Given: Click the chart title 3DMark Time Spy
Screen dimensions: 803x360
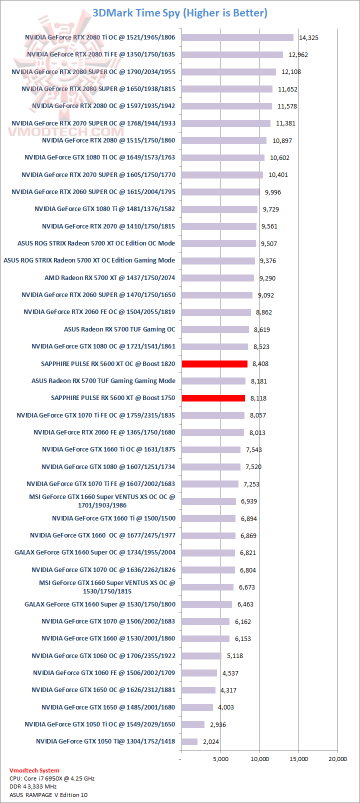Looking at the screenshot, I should (180, 13).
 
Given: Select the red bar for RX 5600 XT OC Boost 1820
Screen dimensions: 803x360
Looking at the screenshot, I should (214, 363).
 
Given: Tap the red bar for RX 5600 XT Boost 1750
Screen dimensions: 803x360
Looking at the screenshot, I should (213, 398).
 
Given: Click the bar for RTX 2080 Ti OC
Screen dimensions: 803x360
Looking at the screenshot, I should (237, 37).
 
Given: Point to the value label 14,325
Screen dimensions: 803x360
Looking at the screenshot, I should (308, 38).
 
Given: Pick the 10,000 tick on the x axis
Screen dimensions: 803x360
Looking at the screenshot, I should (259, 759).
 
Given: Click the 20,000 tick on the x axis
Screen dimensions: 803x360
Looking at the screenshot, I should (337, 759).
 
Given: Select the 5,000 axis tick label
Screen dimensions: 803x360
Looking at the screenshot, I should (220, 759).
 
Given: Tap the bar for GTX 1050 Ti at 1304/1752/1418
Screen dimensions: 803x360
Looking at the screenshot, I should (189, 741).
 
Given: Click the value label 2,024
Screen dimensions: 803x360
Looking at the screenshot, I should (211, 742).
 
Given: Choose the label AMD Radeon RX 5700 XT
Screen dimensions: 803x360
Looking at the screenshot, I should (110, 277).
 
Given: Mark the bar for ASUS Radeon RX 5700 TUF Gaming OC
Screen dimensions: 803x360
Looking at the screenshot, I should (215, 329).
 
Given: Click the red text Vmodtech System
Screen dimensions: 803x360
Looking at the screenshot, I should (34, 770).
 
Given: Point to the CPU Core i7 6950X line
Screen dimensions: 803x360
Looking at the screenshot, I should (52, 778).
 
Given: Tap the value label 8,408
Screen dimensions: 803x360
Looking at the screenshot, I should (260, 364).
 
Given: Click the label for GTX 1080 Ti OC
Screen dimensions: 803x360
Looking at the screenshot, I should (100, 157).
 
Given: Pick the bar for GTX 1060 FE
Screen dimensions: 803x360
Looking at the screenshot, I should (199, 673).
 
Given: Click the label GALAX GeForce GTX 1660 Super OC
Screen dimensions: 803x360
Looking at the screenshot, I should (95, 552).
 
